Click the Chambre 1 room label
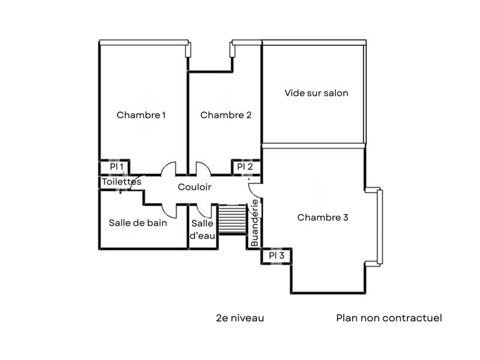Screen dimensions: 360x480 pyautogui.click(x=141, y=115)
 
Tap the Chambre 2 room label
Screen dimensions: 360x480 pyautogui.click(x=226, y=115)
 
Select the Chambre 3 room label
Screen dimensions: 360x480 pyautogui.click(x=323, y=217)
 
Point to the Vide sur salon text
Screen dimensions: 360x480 pyautogui.click(x=316, y=93)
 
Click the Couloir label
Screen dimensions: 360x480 pyautogui.click(x=194, y=187)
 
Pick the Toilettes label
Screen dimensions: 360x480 pyautogui.click(x=122, y=181)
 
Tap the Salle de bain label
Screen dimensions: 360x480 pyautogui.click(x=138, y=223)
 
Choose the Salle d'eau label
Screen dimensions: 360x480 pyautogui.click(x=202, y=229)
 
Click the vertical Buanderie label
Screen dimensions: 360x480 pyautogui.click(x=254, y=223)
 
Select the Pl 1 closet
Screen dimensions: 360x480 pyautogui.click(x=116, y=167)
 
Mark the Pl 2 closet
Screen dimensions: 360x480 pyautogui.click(x=245, y=167)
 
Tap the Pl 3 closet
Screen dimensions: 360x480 pyautogui.click(x=277, y=256)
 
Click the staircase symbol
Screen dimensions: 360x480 pyautogui.click(x=232, y=218)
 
